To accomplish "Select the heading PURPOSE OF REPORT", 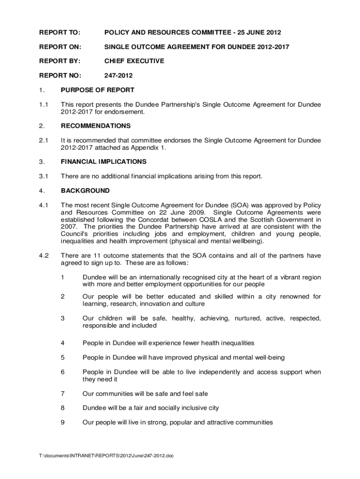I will tap(98, 90).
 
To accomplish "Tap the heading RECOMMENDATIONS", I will tap(96, 126).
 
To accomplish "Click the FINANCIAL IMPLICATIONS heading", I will tap(104, 162).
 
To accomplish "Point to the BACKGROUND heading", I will tap(86, 191).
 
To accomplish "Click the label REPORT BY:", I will tap(59, 61).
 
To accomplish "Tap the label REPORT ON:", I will tap(60, 46).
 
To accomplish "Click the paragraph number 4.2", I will tap(44, 256).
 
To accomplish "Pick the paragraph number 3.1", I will tap(44, 176).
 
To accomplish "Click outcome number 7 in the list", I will tap(63, 393).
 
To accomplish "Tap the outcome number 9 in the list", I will tap(63, 422).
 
